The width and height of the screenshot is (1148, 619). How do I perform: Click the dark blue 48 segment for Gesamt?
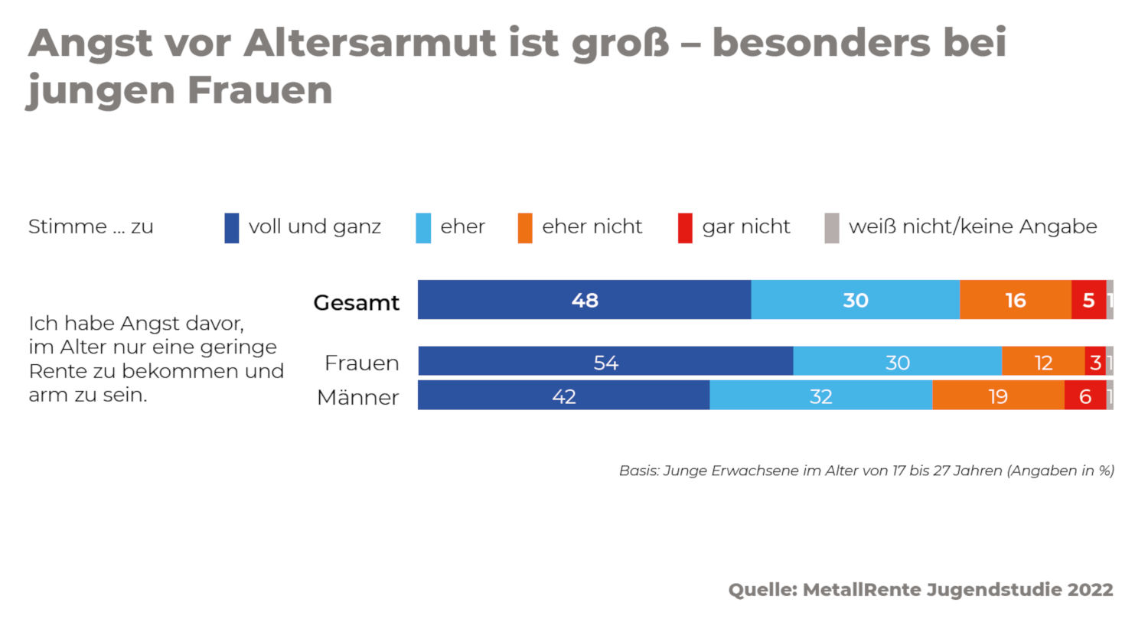[585, 300]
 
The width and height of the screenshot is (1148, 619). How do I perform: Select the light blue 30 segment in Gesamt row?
[856, 300]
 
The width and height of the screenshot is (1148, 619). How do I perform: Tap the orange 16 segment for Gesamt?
[1016, 300]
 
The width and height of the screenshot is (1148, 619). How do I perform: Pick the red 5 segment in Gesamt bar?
[1088, 300]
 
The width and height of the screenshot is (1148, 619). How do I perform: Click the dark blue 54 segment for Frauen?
[605, 362]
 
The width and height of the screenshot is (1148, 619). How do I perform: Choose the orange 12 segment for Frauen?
[1043, 362]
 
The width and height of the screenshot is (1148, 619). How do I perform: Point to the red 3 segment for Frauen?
[1095, 362]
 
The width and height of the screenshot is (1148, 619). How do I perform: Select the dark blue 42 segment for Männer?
[564, 396]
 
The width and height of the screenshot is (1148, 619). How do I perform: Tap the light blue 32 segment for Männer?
[820, 396]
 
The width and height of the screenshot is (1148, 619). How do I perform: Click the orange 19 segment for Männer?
[998, 396]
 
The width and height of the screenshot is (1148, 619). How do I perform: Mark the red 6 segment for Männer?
[1085, 396]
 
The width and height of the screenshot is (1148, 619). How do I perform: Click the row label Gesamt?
[357, 302]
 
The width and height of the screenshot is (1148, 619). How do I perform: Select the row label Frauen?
[362, 363]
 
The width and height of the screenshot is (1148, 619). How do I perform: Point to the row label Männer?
[358, 398]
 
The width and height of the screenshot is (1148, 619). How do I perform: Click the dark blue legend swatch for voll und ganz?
[232, 228]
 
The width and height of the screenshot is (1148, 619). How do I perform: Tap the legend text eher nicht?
[592, 227]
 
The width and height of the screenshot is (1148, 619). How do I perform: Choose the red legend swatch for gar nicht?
[685, 228]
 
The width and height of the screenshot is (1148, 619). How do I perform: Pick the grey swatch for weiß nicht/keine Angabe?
[832, 228]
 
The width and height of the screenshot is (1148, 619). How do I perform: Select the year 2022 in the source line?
[1089, 590]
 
